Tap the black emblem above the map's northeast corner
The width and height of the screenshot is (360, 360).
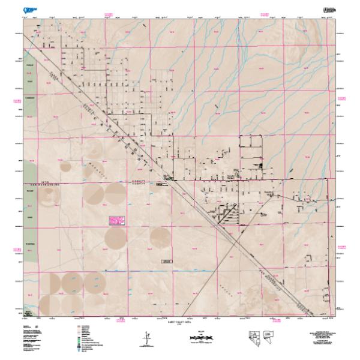coord(329,10)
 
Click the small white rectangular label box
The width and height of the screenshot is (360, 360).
coord(167,261)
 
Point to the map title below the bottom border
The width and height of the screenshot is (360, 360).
coord(181,323)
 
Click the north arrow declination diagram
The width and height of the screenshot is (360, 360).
coord(145,338)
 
